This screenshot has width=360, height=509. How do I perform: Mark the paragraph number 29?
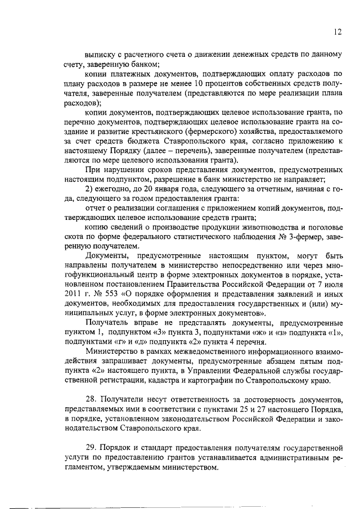point(91,448)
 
